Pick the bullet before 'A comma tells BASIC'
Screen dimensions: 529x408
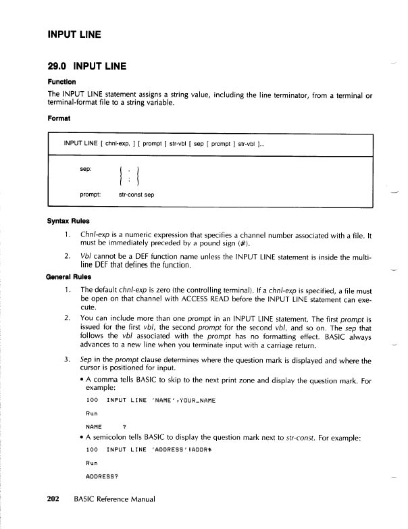(82, 380)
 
